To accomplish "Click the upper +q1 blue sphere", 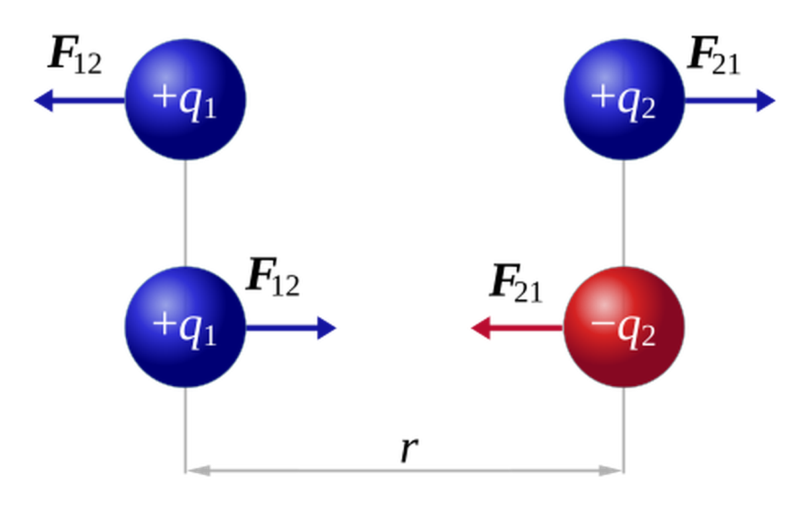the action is click(186, 99).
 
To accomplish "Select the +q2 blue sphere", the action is click(624, 99).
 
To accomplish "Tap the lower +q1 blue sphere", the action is click(186, 327).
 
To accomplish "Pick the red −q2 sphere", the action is click(624, 327).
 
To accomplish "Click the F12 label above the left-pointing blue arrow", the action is click(74, 55).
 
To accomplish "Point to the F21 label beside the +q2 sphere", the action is click(714, 55).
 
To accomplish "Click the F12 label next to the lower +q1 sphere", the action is click(273, 277).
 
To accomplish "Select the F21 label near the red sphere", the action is click(516, 283).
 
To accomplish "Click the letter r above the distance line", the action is click(409, 450).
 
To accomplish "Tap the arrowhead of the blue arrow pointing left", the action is click(43, 100).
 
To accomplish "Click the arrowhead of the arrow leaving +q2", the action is click(766, 100).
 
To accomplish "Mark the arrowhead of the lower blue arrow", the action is click(327, 328).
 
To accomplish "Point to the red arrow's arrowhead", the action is click(481, 328).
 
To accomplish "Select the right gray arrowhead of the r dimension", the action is click(610, 471).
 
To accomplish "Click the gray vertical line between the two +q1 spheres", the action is click(186, 213).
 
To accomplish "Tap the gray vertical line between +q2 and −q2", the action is click(624, 213).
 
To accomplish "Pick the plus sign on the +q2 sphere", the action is click(603, 96).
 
